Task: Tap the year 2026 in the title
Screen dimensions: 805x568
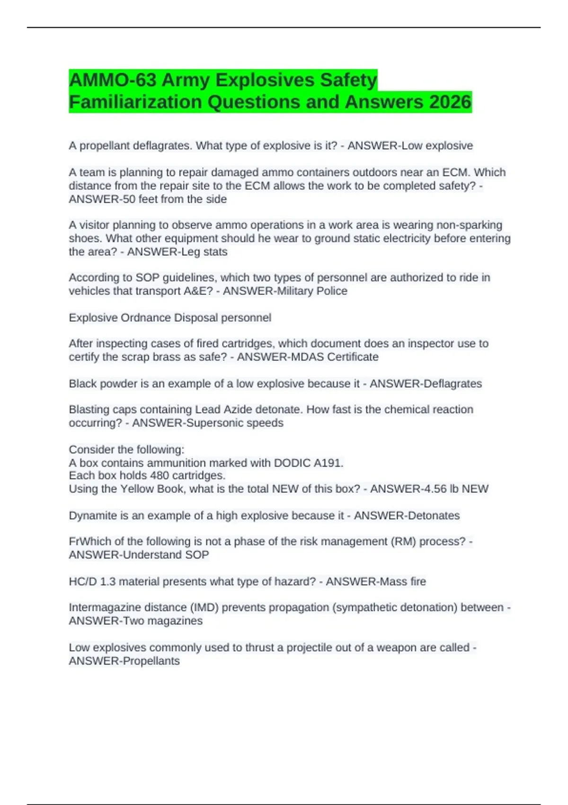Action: click(450, 102)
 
